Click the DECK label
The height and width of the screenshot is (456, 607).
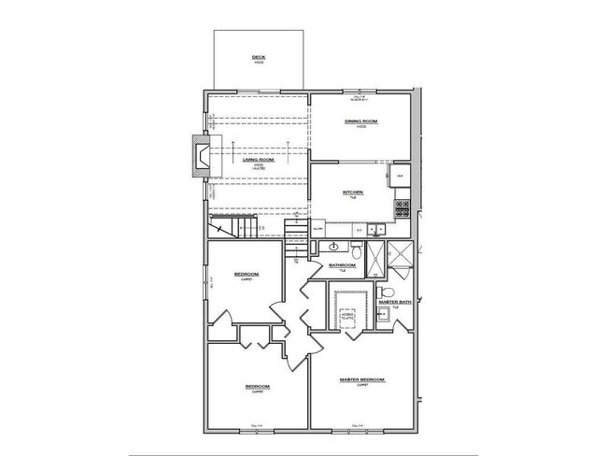pos(259,58)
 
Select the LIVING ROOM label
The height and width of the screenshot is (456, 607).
pos(259,160)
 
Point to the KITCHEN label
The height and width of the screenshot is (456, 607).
pos(351,192)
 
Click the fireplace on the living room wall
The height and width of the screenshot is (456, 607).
pos(200,155)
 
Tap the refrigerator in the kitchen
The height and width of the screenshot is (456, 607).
pos(399,175)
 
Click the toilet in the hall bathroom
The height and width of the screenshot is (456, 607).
pos(356,250)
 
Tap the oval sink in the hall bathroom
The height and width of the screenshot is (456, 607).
pos(332,247)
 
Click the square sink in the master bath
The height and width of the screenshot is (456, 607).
pos(381,315)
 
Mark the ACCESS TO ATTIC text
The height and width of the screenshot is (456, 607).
pos(350,317)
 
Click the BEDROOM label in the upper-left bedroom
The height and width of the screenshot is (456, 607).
pos(246,274)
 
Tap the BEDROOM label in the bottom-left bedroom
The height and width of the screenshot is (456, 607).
pos(258,386)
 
